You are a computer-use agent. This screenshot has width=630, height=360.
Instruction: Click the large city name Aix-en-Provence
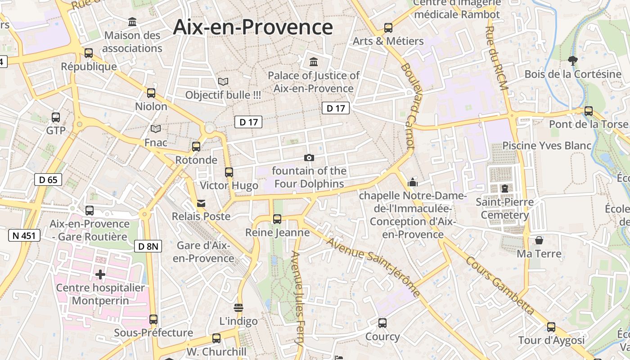253,27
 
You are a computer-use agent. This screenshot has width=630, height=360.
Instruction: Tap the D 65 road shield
48,180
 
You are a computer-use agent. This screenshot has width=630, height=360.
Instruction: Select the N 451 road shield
24,235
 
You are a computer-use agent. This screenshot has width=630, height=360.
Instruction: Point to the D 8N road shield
148,246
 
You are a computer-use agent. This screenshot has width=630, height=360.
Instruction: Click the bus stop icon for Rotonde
196,146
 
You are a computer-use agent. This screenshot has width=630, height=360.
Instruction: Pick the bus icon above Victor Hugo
229,172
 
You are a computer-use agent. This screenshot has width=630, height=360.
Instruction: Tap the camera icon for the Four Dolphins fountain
309,157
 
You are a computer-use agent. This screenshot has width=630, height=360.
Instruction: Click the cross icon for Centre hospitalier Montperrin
100,274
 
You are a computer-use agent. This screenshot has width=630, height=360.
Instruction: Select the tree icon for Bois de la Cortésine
573,60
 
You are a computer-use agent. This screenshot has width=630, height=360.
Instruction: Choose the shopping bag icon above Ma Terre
539,240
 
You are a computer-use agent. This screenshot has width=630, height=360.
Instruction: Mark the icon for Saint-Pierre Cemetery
505,188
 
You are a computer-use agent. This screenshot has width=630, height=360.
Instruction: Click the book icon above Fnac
156,129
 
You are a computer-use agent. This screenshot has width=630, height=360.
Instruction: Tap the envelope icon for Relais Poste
201,203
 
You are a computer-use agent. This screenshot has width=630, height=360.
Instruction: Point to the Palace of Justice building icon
314,61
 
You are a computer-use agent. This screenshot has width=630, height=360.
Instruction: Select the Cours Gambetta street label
500,285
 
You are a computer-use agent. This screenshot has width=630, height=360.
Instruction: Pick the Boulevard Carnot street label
407,106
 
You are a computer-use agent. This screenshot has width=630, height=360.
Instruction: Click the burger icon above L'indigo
238,308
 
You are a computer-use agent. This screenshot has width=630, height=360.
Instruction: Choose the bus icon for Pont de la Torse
588,111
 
